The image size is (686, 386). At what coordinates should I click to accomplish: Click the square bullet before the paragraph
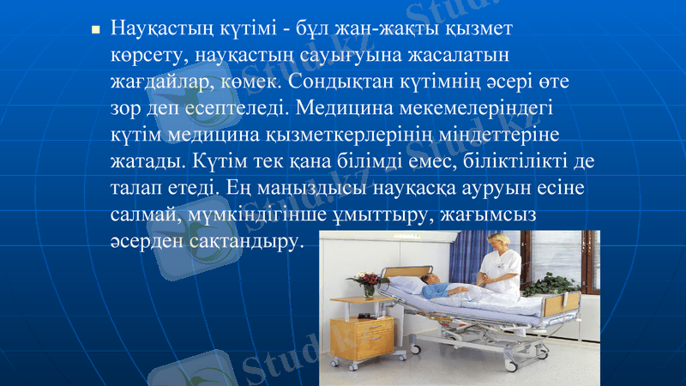click(96, 31)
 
